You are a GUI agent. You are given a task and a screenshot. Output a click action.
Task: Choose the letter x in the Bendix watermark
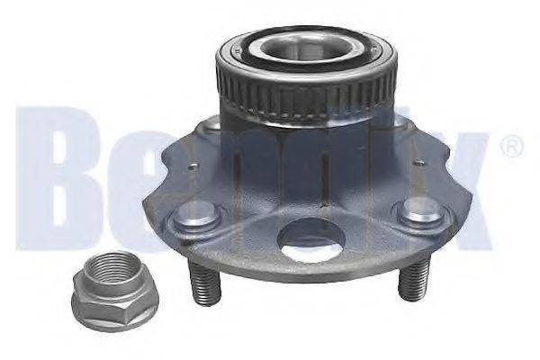(463, 193)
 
